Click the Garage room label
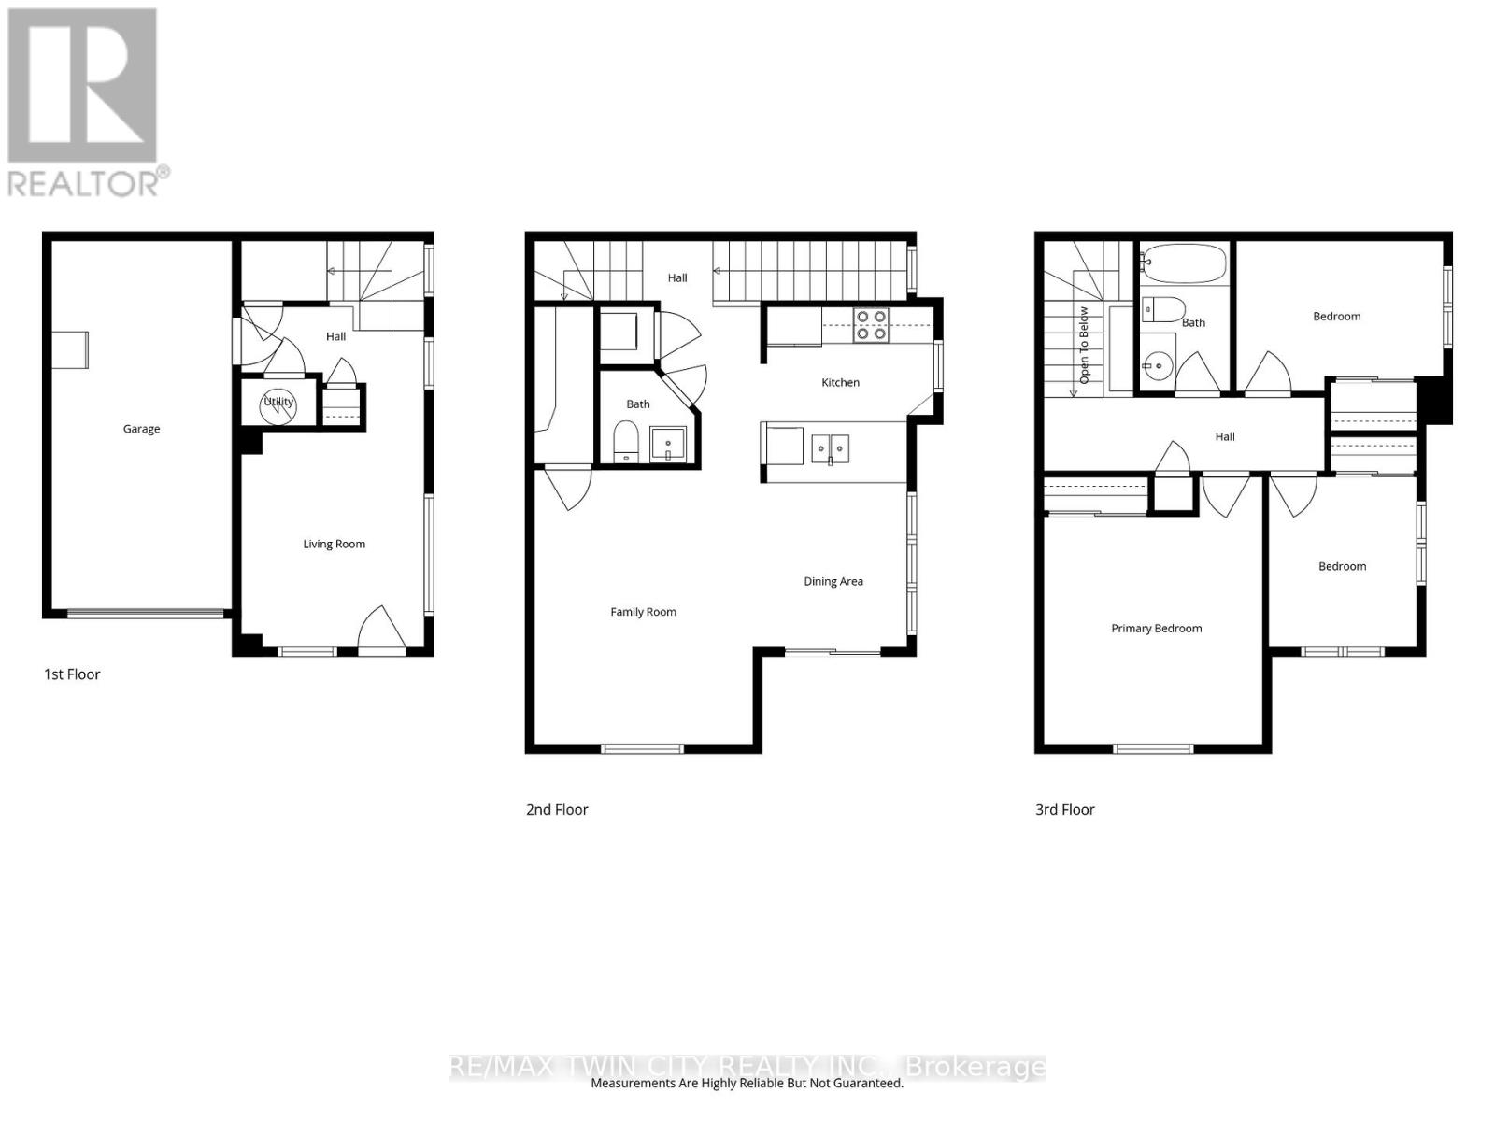141,429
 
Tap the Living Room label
334,544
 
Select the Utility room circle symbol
278,407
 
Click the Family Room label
643,612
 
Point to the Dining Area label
833,581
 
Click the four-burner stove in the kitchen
871,325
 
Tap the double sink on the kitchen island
831,449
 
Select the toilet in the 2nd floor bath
625,442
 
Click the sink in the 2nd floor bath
667,445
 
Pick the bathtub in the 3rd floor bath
1185,263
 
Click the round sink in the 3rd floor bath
1156,366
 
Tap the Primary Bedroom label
1156,628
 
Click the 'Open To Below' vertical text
1084,345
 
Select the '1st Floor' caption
72,674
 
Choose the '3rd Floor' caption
1064,809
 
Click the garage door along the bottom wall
145,614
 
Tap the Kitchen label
840,382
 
